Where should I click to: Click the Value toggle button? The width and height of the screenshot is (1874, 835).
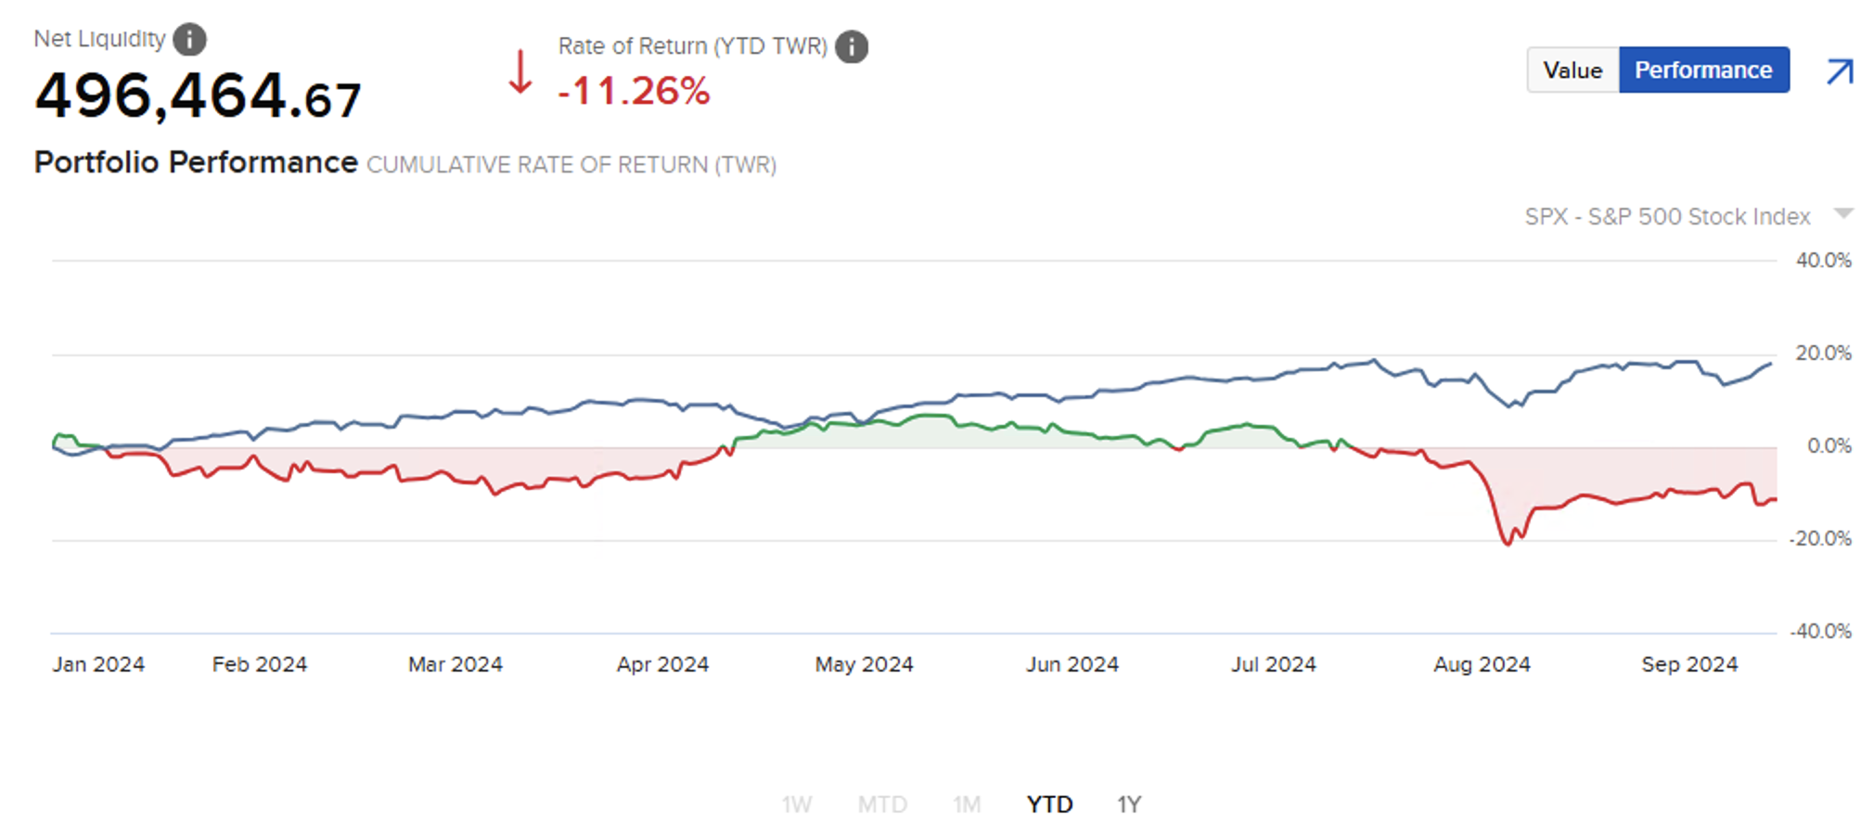pos(1572,71)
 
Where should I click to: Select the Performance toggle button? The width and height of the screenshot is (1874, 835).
pos(1703,71)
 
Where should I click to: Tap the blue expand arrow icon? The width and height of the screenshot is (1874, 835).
pos(1840,71)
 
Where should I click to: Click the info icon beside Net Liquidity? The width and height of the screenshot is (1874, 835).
pos(189,40)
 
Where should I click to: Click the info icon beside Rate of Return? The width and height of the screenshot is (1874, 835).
pos(851,46)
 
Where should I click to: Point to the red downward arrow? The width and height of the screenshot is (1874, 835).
pos(520,72)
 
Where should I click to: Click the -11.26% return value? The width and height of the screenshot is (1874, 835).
pos(635,91)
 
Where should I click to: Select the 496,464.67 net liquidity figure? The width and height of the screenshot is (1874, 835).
pos(198,96)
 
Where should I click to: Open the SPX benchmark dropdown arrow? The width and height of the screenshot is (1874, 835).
pos(1843,214)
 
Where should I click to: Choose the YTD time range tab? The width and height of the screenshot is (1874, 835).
pos(1049,804)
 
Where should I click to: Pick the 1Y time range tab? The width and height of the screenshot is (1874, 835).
pos(1128,804)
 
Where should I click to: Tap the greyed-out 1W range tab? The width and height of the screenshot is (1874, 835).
pos(796,804)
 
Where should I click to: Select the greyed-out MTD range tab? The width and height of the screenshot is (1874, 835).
pos(881,804)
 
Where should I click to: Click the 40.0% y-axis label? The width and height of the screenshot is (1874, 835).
pos(1823,261)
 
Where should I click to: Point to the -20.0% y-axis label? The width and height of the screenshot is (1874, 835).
pos(1820,539)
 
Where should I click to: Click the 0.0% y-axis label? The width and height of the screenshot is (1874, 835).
pos(1829,446)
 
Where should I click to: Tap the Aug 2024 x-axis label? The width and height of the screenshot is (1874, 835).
pos(1482,664)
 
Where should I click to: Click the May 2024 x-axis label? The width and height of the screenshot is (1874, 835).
pos(864,664)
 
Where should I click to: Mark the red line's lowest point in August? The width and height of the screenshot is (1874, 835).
pos(1507,544)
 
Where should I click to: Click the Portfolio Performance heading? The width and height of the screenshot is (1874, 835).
pos(196,162)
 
